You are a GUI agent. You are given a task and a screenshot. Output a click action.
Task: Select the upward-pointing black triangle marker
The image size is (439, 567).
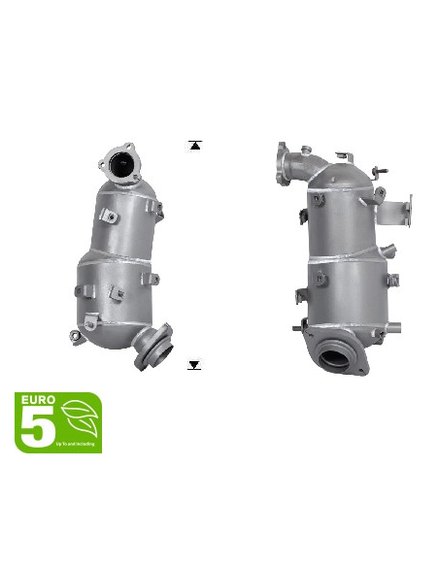click(x=195, y=146)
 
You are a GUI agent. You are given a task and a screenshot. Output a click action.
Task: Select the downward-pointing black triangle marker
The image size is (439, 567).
click(x=195, y=365)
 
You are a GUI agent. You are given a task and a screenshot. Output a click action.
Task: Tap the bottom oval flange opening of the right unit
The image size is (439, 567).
click(x=341, y=353)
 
